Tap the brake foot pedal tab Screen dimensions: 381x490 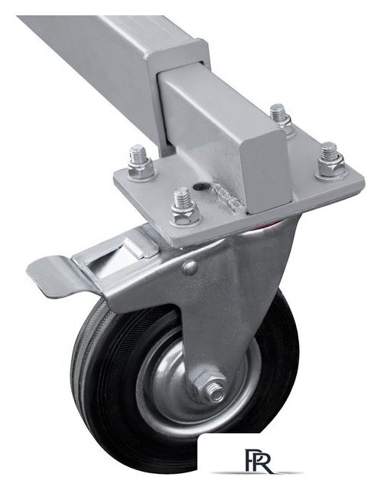(54, 274)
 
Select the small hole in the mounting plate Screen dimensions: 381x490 (200, 187)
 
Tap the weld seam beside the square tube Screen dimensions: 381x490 (227, 198)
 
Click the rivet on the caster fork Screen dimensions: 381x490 (190, 268)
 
